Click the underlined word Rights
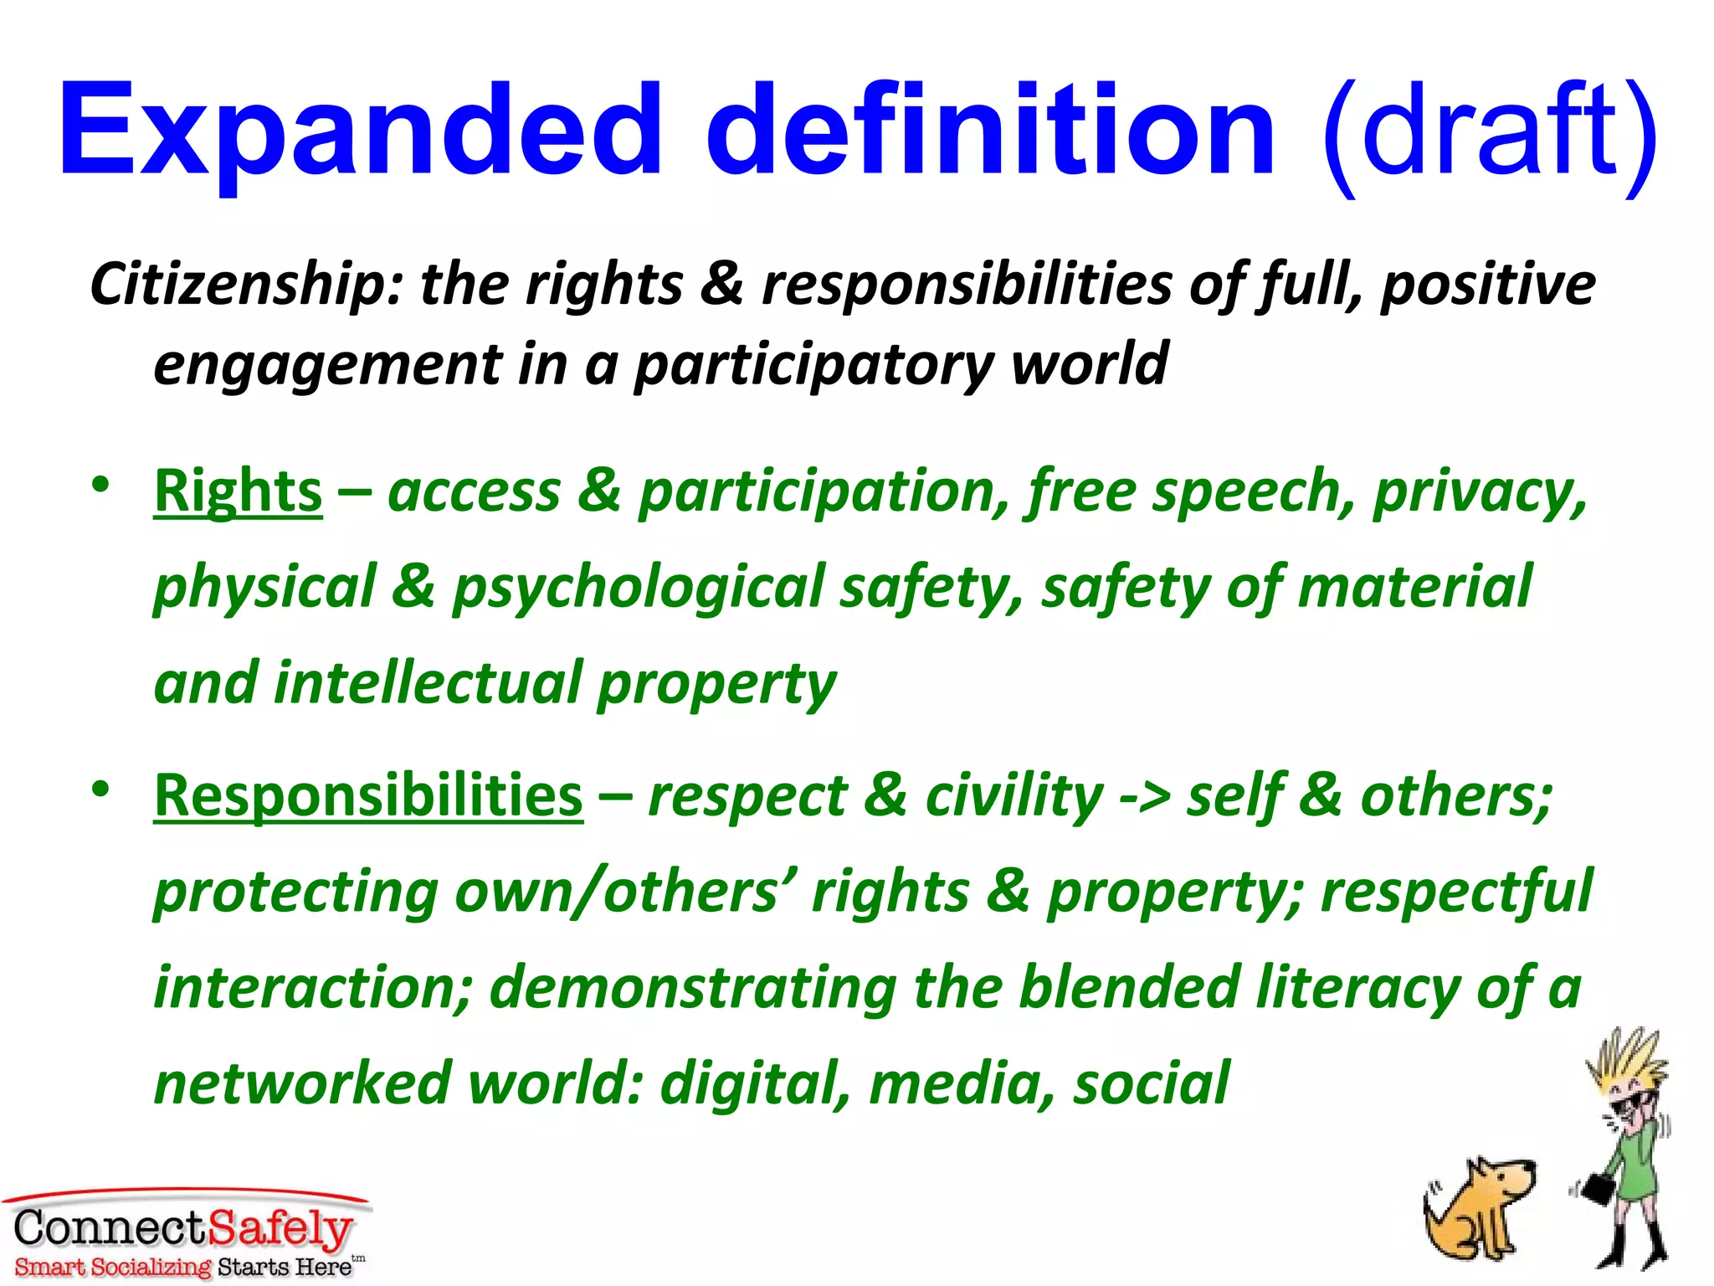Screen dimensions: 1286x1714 point(239,491)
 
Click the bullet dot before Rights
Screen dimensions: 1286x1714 point(101,485)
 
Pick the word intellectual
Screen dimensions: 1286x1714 point(427,683)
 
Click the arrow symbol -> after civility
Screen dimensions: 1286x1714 point(1145,797)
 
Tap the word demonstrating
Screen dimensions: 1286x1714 point(693,988)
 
